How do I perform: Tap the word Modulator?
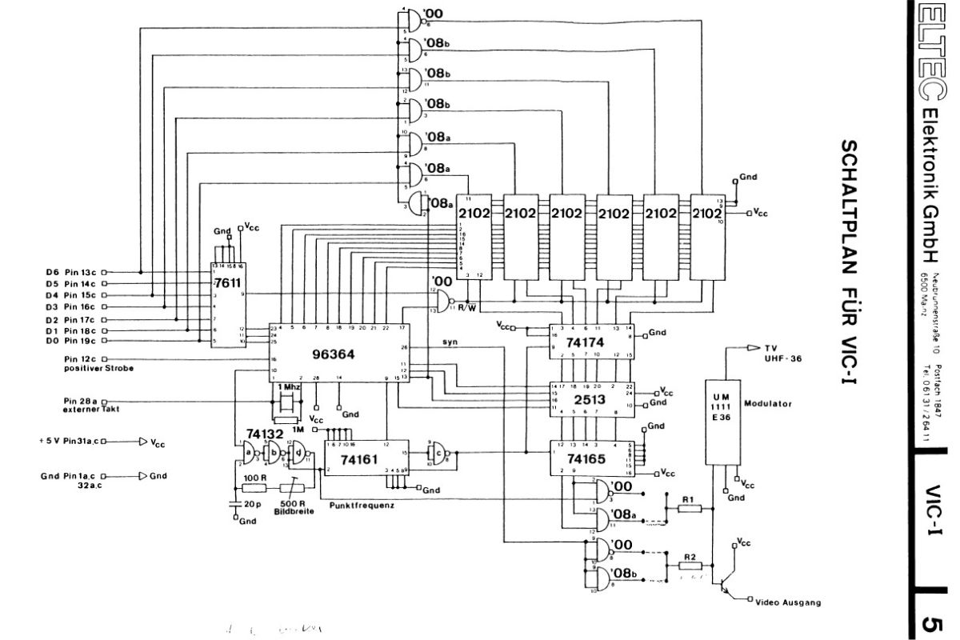click(768, 404)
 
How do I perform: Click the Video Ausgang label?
click(788, 602)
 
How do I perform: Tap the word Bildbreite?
click(294, 510)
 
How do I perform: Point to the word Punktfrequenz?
click(361, 506)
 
